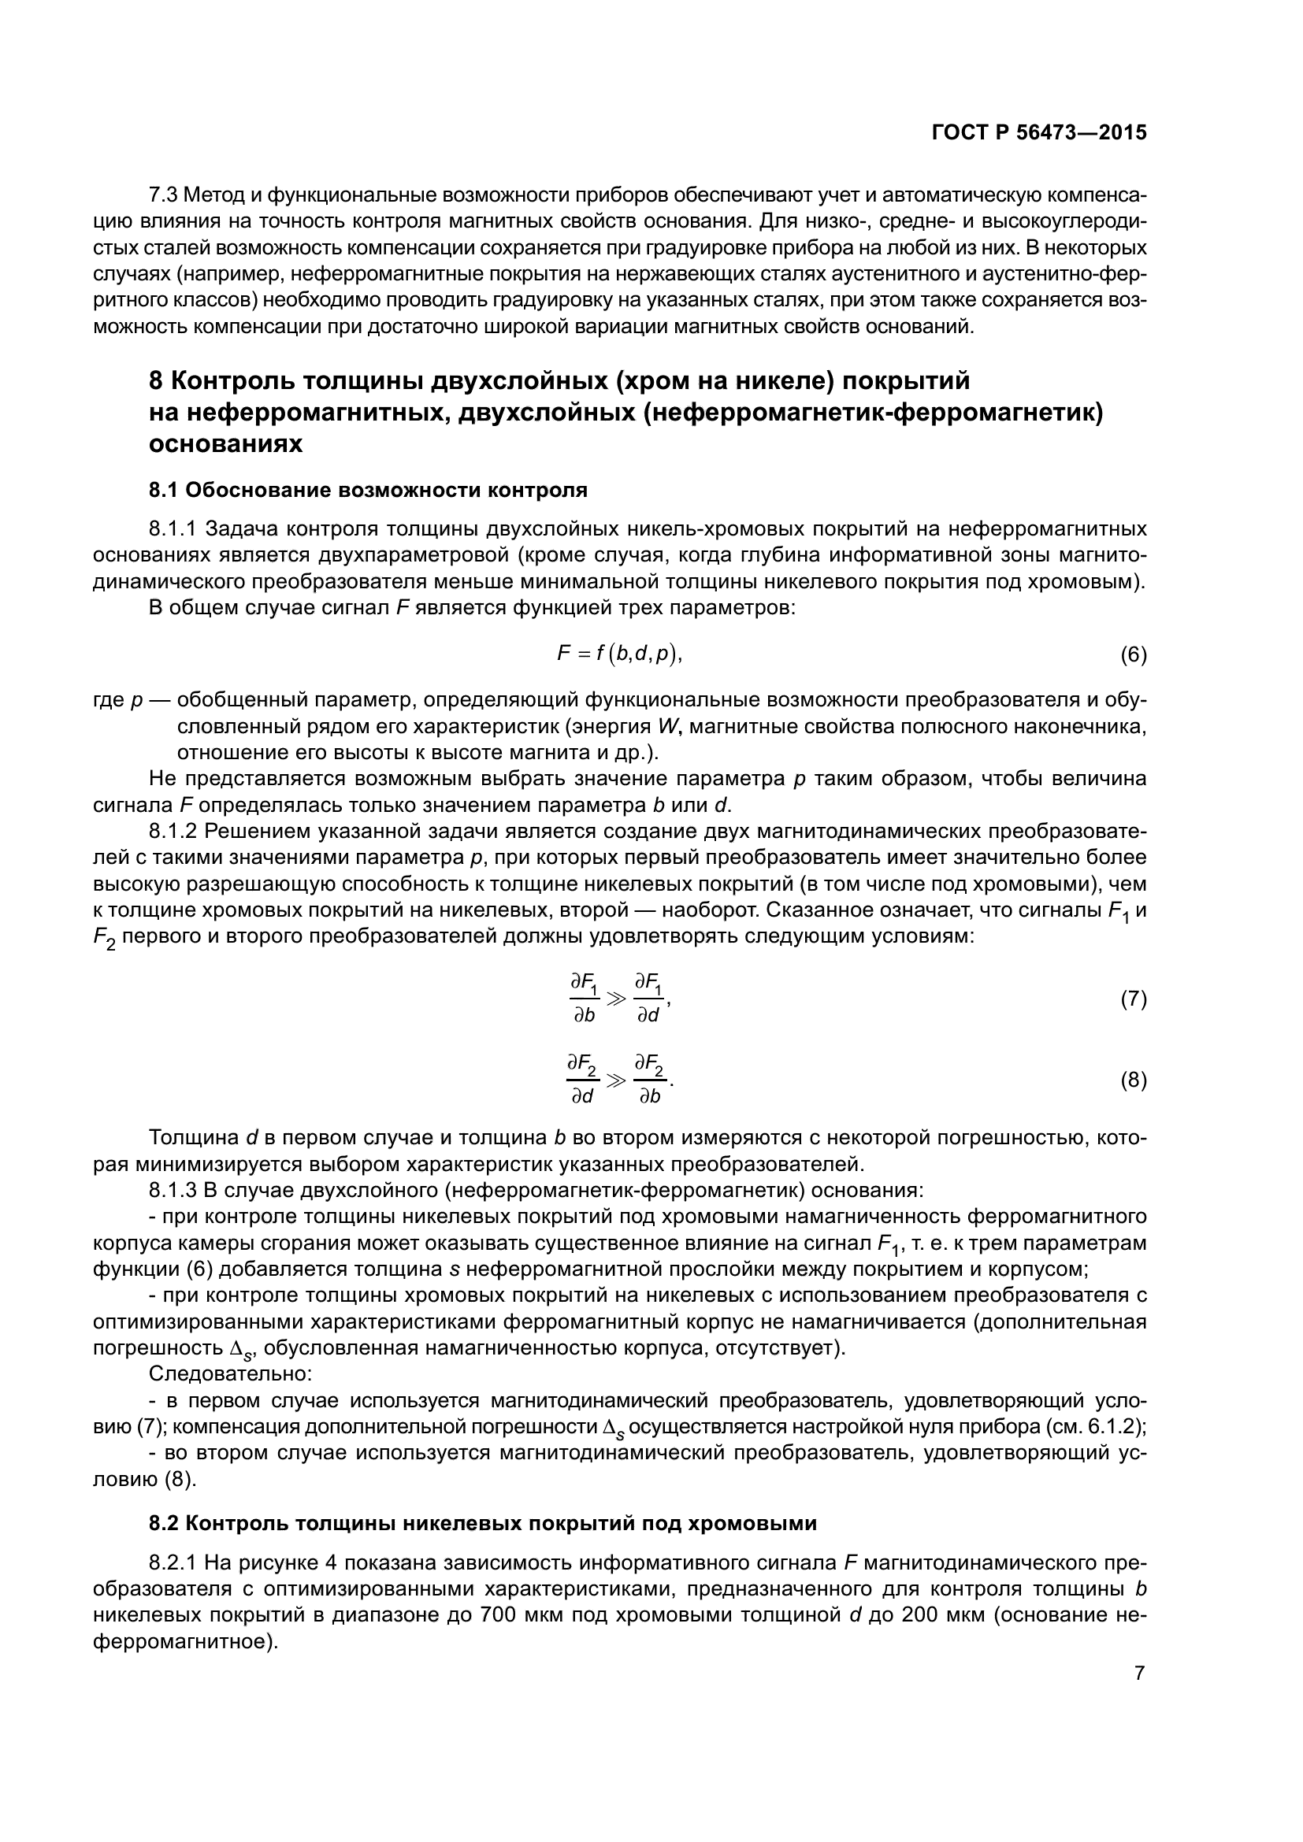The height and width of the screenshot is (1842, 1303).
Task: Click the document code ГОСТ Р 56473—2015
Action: (1039, 133)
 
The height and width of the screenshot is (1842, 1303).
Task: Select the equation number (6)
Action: (1133, 655)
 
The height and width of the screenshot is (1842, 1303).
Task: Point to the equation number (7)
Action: (1133, 999)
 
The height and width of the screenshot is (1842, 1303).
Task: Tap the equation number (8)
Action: (1133, 1080)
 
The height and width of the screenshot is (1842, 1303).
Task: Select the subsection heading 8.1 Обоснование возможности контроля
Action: (368, 490)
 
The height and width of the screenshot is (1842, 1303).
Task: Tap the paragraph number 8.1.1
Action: (173, 529)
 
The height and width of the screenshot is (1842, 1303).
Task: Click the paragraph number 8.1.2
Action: (173, 831)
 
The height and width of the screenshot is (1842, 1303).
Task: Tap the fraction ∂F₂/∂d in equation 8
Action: (583, 1080)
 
